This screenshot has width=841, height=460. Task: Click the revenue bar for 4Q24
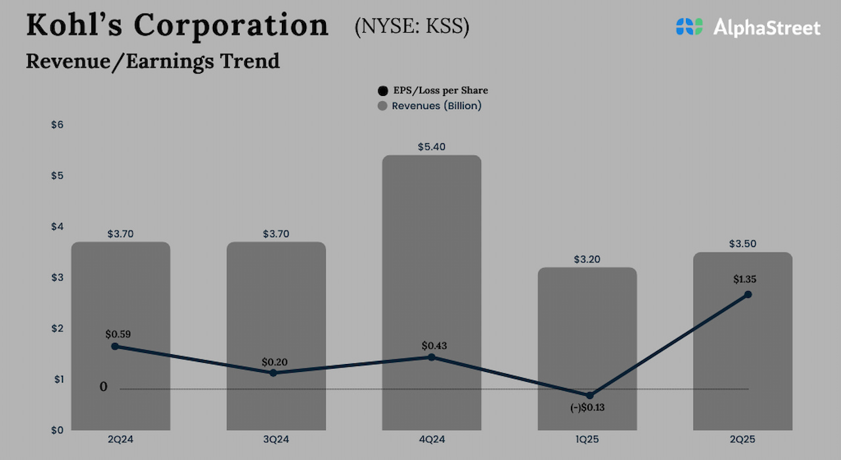432,263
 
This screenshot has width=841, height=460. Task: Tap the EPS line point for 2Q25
748,294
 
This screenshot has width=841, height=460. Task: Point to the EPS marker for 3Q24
273,373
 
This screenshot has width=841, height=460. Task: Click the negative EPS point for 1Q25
589,395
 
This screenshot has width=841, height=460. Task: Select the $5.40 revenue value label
432,147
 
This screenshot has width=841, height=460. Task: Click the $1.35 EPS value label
744,279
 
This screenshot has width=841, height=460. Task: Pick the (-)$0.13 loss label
587,407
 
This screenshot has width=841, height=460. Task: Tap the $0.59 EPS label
118,334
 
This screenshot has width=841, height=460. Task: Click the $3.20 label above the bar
587,260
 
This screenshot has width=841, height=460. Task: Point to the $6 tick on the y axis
57,125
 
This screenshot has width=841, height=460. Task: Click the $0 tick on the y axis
57,430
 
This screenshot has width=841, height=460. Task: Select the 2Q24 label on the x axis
120,438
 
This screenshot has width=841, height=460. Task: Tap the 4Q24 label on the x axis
432,438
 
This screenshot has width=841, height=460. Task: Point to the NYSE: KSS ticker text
411,27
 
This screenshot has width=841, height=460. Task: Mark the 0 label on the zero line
103,387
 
